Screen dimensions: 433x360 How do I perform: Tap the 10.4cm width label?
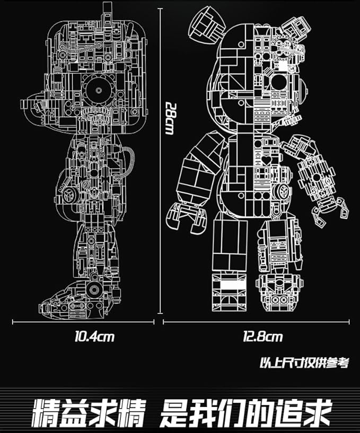click(x=95, y=335)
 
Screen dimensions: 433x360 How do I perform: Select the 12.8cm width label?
click(x=264, y=336)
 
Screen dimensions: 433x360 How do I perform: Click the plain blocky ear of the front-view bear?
click(x=201, y=26)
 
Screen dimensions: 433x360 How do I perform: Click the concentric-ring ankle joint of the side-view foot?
click(x=95, y=289)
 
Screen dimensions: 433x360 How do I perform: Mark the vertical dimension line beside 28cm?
click(x=161, y=159)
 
